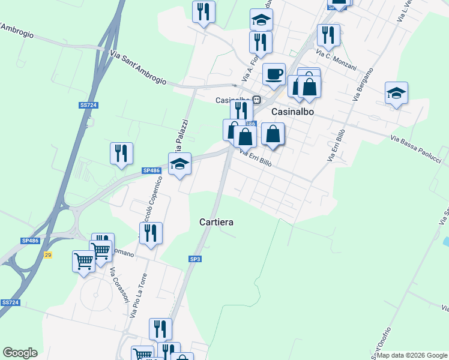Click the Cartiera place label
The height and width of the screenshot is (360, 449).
215,222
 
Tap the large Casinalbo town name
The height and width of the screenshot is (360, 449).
294,112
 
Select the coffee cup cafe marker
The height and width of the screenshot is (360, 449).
274,74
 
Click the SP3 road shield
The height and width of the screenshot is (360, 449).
194,259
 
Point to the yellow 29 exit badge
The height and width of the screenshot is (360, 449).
48,256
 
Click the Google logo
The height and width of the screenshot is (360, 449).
20,353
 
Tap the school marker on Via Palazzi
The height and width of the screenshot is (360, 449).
179,164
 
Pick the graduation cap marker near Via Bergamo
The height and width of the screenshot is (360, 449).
396,93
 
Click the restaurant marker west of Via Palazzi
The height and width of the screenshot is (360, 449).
121,153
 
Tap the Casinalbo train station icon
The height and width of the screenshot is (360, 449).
256,100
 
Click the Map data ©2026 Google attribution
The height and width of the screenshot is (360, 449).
411,355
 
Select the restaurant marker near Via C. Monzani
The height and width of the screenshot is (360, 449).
328,35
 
